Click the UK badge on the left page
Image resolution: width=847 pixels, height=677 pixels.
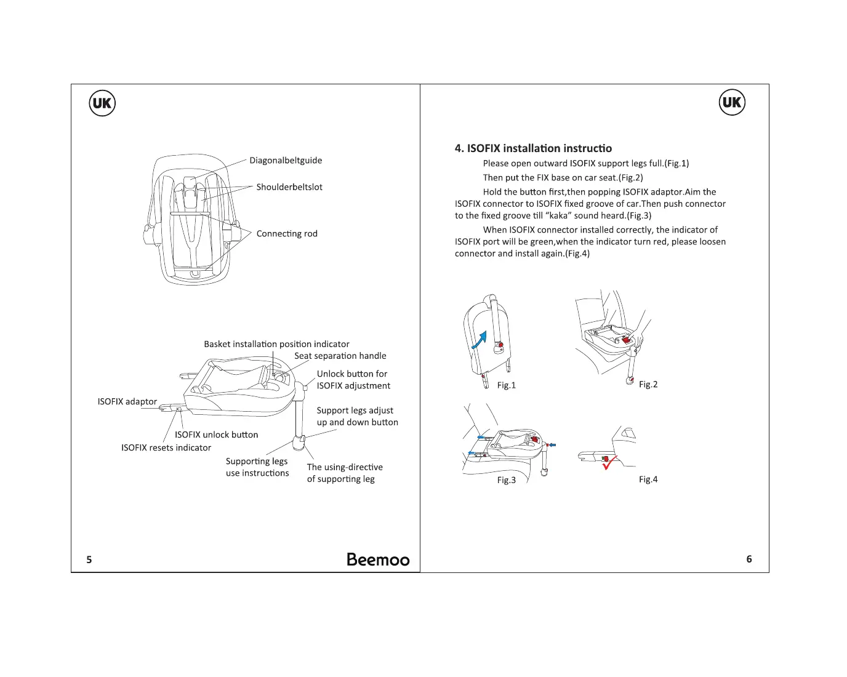click(102, 103)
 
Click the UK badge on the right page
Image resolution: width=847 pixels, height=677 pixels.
click(732, 102)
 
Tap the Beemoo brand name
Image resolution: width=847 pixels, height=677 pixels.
click(378, 559)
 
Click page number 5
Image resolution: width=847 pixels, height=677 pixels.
click(89, 559)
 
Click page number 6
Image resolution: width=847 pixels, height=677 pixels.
click(749, 559)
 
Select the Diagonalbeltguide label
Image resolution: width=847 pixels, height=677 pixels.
click(286, 161)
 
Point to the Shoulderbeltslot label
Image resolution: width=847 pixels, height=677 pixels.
click(289, 187)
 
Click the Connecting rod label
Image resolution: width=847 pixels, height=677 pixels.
click(287, 234)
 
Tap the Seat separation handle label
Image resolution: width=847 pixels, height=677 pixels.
click(340, 356)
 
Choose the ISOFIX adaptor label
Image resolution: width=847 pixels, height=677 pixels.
click(127, 402)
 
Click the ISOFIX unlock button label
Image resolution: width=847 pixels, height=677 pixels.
click(217, 435)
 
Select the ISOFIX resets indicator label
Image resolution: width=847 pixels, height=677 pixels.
click(166, 448)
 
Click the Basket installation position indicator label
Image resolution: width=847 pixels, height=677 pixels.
click(276, 344)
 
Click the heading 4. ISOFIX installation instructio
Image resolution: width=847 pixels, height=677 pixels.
click(533, 148)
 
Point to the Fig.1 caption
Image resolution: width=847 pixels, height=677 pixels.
click(507, 385)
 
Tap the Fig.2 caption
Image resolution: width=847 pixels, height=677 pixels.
click(648, 385)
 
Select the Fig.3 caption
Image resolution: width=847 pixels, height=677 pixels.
click(507, 480)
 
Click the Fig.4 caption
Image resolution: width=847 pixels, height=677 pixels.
click(648, 479)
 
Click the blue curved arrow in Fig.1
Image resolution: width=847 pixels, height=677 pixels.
click(480, 339)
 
